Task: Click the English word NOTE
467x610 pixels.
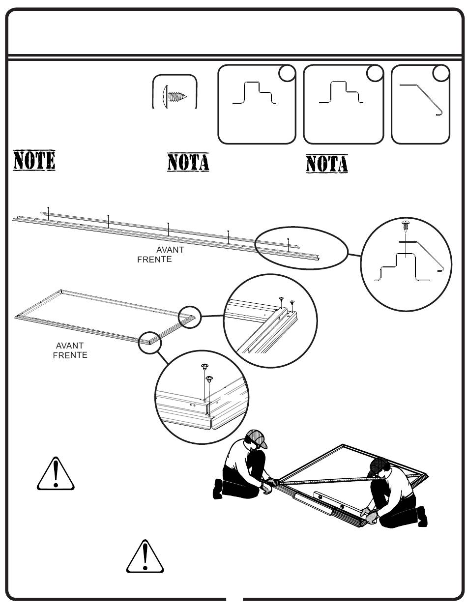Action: click(x=34, y=160)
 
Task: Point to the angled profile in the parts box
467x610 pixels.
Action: click(x=421, y=100)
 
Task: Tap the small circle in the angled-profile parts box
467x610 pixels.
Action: click(x=441, y=73)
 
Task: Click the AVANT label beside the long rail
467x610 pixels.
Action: click(x=170, y=250)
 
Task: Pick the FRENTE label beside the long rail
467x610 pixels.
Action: click(x=154, y=260)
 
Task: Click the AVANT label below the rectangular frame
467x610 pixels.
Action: click(x=70, y=345)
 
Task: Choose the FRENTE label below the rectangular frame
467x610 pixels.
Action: click(x=70, y=355)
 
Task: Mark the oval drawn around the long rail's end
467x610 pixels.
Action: click(x=301, y=248)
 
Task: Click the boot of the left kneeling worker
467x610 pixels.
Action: click(x=217, y=489)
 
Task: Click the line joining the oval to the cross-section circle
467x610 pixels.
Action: click(x=354, y=255)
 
